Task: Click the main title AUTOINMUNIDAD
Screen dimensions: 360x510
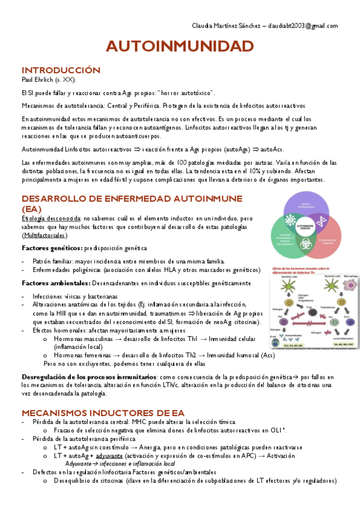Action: click(180, 47)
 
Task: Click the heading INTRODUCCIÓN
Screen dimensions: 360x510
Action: click(61, 70)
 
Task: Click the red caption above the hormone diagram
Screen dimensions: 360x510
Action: click(303, 269)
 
